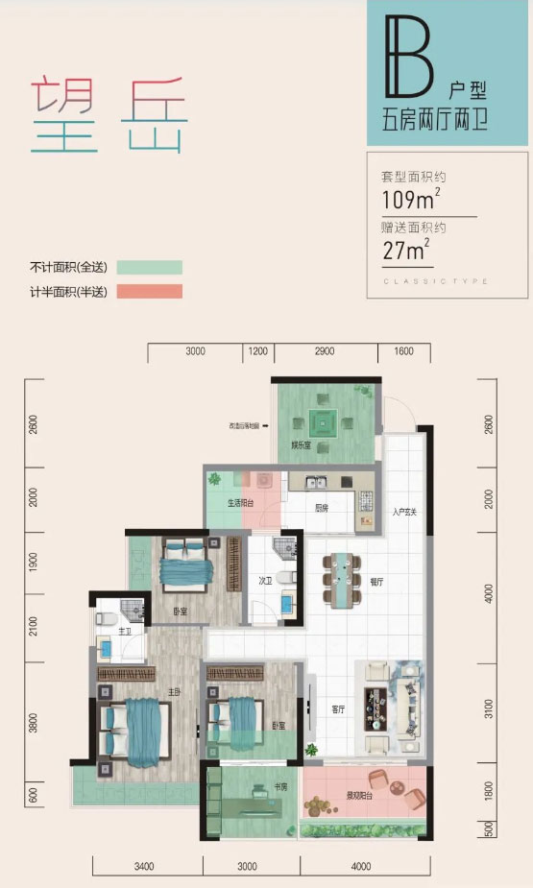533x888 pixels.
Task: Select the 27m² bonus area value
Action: pyautogui.click(x=404, y=252)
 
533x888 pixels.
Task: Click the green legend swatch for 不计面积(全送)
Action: pyautogui.click(x=149, y=268)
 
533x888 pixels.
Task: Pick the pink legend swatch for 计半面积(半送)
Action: pyautogui.click(x=149, y=292)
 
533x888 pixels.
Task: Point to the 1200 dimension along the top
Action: pyautogui.click(x=257, y=351)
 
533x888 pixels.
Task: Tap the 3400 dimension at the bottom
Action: pyautogui.click(x=143, y=867)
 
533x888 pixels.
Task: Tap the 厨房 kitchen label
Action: pyautogui.click(x=324, y=510)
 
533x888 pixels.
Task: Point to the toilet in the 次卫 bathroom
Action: pyautogui.click(x=282, y=548)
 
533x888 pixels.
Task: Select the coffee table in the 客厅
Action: pyautogui.click(x=373, y=710)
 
